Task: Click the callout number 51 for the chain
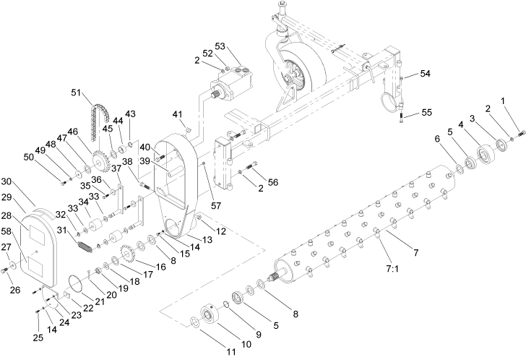77,92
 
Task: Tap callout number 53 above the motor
241,46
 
